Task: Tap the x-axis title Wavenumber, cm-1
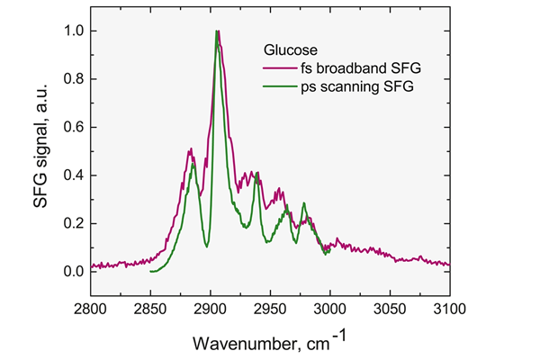(270, 341)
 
